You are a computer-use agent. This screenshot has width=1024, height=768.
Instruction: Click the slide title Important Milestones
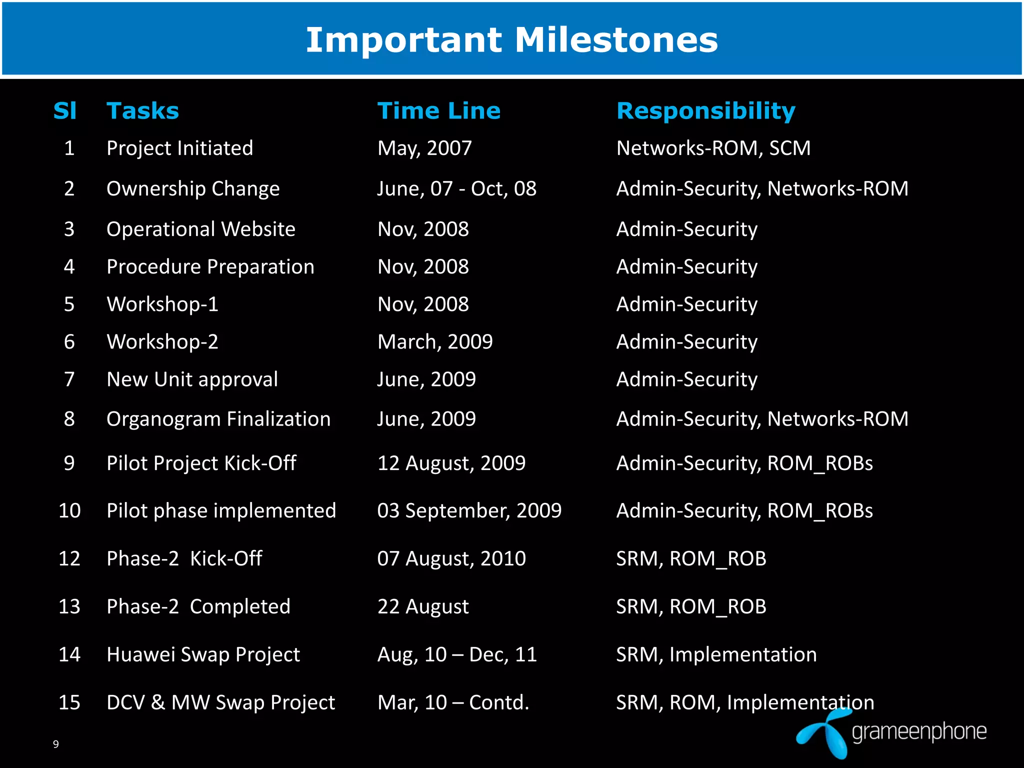point(511,40)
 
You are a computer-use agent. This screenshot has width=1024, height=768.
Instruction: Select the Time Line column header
point(438,110)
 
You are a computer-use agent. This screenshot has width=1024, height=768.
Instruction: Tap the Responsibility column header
point(705,110)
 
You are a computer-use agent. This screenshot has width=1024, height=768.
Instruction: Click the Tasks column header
point(142,110)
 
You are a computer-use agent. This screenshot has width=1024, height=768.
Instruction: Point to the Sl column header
point(65,110)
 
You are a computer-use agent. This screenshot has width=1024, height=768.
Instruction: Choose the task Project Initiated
point(179,148)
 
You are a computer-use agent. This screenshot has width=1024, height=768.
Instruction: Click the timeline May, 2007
point(424,148)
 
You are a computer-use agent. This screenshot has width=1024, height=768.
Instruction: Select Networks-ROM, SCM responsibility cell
point(713,148)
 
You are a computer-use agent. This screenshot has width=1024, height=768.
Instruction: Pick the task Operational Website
point(200,229)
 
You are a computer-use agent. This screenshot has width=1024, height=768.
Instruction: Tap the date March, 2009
point(434,341)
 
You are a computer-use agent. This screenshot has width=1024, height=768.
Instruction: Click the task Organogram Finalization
point(218,419)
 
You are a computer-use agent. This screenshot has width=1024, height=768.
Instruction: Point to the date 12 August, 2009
point(451,463)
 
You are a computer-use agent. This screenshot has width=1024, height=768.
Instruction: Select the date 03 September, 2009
point(469,510)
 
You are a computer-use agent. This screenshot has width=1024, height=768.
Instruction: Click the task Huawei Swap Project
point(203,654)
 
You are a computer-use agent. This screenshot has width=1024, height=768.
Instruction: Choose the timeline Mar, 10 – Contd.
point(452,702)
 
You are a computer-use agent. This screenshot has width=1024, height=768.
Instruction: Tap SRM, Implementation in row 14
point(716,654)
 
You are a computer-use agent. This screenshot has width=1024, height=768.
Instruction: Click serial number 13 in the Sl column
point(69,606)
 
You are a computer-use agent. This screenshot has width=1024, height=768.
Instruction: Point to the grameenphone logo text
point(919,732)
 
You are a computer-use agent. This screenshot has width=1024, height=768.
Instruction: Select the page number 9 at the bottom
point(55,744)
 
